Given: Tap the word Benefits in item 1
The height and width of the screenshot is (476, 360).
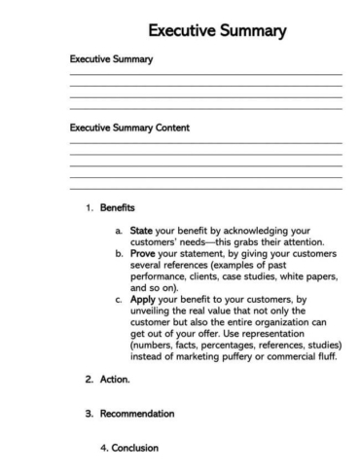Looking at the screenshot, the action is (x=118, y=208).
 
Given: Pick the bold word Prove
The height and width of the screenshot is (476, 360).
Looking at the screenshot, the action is (x=145, y=254).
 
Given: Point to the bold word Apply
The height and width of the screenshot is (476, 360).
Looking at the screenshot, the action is (x=144, y=301).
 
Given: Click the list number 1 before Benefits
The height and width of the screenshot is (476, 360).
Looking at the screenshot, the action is (x=89, y=208).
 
